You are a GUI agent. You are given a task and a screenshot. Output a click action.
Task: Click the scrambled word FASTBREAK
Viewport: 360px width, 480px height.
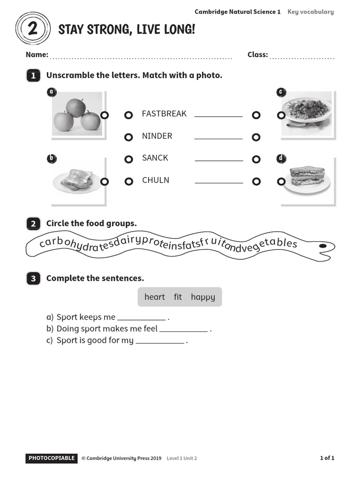[x=164, y=114]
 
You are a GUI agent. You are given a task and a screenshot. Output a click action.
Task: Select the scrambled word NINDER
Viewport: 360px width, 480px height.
[x=157, y=136]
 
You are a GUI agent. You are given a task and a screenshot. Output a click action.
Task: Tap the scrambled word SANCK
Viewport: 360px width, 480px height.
[x=155, y=158]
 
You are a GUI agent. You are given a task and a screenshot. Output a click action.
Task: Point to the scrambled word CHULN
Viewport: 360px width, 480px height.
[x=156, y=180]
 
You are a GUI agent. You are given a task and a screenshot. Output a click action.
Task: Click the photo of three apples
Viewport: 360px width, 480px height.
[x=77, y=114]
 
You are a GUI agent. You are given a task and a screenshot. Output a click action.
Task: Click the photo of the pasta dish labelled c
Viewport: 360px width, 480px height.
[x=307, y=113]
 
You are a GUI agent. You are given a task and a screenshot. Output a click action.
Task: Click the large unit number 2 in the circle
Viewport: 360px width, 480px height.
[x=33, y=29]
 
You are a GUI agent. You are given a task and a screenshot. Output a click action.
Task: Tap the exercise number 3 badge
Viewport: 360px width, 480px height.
[x=33, y=279]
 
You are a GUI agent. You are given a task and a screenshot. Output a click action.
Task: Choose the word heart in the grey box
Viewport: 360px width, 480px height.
[x=155, y=297]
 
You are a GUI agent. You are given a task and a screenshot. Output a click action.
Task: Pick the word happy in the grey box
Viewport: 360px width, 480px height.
[x=203, y=297]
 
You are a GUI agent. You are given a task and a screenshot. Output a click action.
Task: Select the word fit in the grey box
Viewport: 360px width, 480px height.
[x=178, y=297]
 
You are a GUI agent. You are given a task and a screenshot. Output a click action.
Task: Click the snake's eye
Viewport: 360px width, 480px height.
[x=322, y=246]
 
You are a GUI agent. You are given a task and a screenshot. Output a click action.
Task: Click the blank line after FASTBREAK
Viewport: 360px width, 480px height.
[x=218, y=116]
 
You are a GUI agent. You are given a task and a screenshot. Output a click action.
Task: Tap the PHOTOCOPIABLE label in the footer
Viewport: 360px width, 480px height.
[x=52, y=458]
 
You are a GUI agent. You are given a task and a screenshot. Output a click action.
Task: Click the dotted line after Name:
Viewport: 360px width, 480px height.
[x=141, y=58]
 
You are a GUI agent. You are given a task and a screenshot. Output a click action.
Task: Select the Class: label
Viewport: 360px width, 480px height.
[x=257, y=55]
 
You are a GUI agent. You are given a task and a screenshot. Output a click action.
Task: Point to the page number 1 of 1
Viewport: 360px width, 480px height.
[x=327, y=458]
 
